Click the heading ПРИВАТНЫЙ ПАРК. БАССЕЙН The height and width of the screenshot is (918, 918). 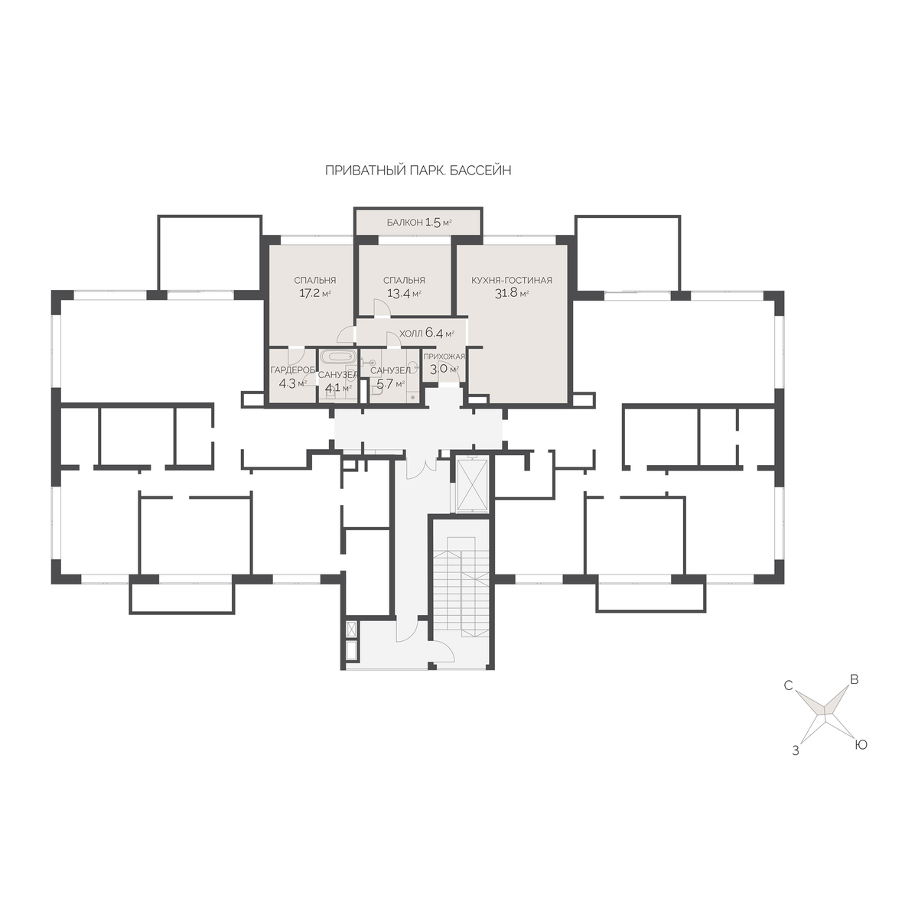(x=418, y=171)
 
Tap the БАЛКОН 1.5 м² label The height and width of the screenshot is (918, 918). (x=418, y=222)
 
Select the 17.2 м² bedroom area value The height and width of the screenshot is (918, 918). (x=315, y=293)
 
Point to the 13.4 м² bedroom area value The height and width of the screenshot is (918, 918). (x=404, y=294)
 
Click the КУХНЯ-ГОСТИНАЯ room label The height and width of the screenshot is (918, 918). (x=511, y=280)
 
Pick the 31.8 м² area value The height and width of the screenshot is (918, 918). (x=512, y=293)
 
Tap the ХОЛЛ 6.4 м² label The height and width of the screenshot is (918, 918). (x=426, y=333)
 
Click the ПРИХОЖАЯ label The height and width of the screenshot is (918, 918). (x=444, y=356)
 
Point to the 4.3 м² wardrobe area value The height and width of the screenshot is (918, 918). (x=292, y=383)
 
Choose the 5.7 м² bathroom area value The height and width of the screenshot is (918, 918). (x=391, y=383)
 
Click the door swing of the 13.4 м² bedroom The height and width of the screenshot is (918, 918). (x=382, y=308)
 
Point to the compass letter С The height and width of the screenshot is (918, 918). (x=789, y=685)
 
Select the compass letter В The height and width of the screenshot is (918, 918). (x=855, y=680)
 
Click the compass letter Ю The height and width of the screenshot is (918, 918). (x=861, y=744)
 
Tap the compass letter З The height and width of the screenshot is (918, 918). (x=795, y=751)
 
